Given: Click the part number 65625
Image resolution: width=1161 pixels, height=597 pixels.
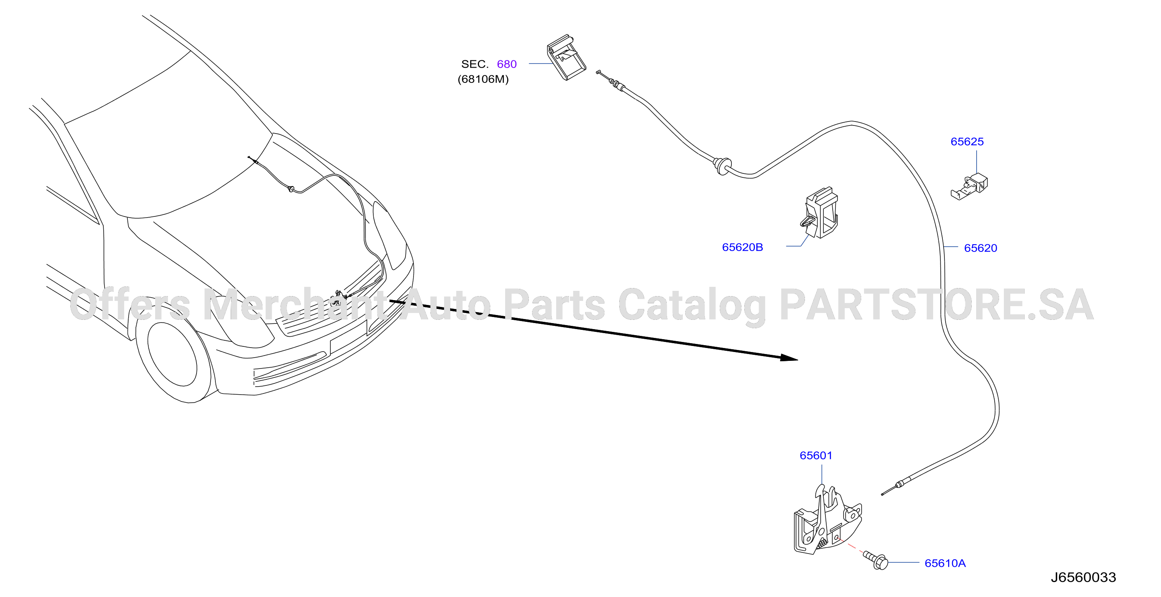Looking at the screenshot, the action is coord(967,142).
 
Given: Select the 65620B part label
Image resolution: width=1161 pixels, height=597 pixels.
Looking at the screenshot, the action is coord(742,247).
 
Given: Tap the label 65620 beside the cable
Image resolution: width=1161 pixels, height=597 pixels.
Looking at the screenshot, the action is coord(980,248).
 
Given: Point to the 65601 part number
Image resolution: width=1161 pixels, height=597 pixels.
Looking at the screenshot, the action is coord(816,456).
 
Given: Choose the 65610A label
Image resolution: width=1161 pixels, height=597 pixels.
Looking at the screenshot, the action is coord(945,563).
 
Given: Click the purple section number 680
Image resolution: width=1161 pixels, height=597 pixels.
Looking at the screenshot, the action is coord(507,64).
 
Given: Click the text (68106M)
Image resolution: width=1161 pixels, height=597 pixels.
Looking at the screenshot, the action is coord(483,79).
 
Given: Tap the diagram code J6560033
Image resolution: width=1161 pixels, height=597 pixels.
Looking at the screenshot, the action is coord(1083,578).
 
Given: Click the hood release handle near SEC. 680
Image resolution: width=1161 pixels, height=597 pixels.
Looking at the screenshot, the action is coord(567,57).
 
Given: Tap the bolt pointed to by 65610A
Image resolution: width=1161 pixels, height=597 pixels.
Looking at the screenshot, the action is coord(876,560).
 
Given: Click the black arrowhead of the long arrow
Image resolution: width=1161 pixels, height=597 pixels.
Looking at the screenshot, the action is coord(789,358).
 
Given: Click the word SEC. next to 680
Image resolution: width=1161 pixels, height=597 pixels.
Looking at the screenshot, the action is coord(475,64).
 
